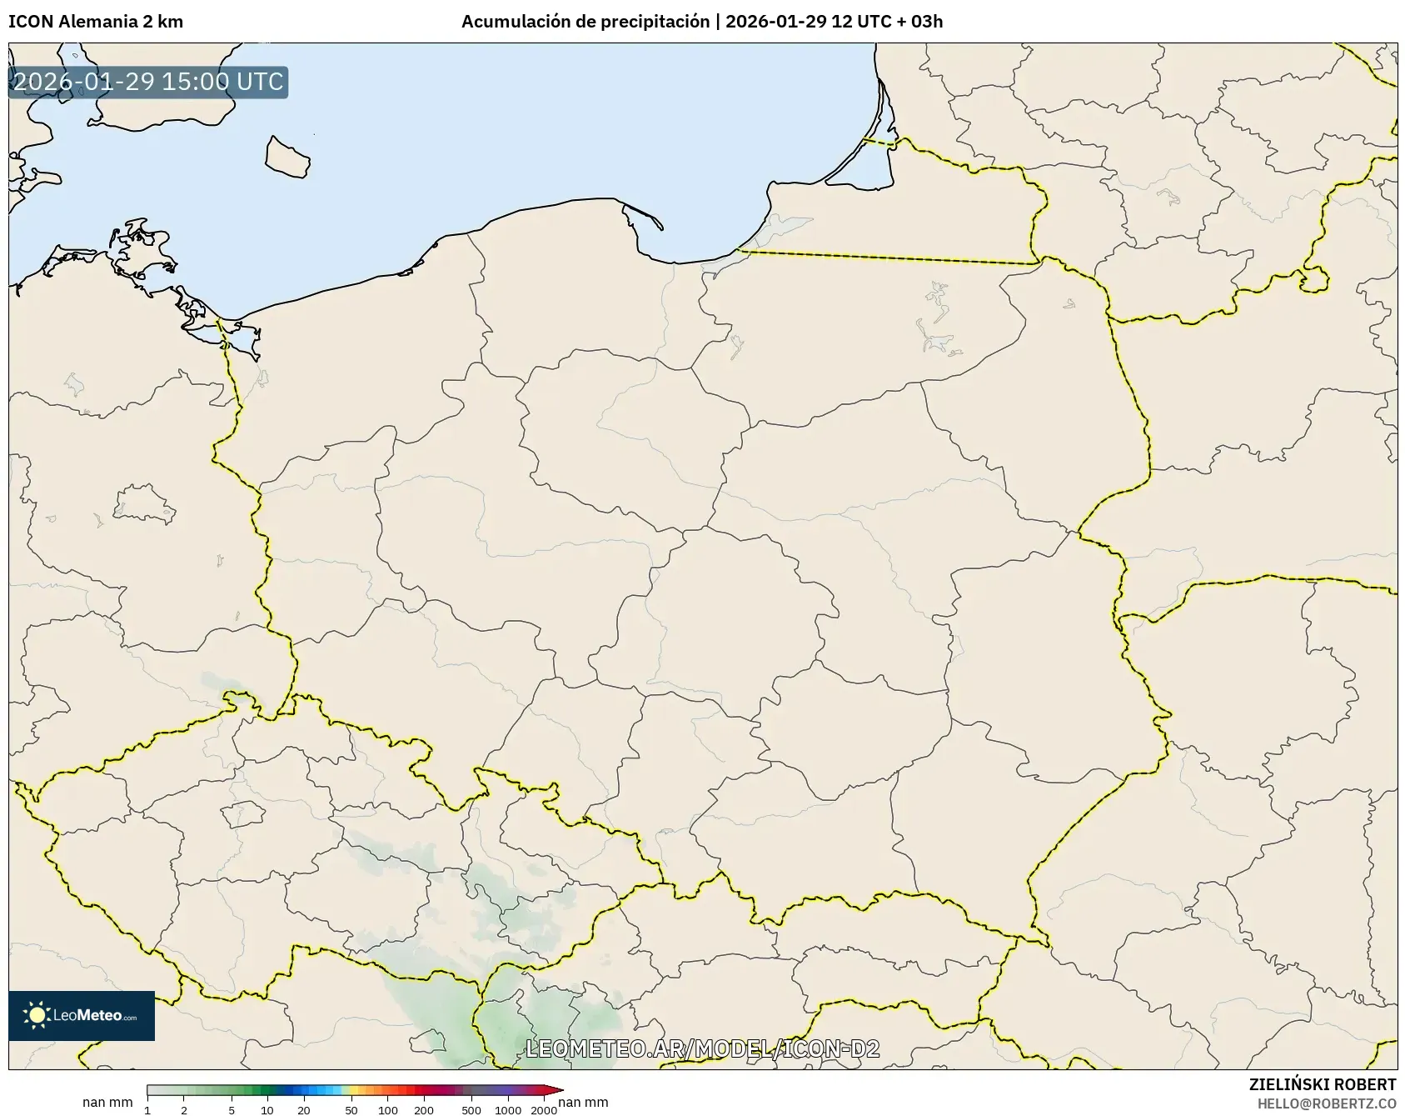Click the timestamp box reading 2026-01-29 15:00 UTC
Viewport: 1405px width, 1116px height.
click(x=148, y=82)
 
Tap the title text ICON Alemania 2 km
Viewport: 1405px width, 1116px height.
click(x=96, y=22)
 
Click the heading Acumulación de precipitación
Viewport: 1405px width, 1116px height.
click(x=585, y=22)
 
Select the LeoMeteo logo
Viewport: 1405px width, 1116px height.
click(x=82, y=1015)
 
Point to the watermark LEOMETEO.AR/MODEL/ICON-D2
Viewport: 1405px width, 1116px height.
click(x=702, y=1048)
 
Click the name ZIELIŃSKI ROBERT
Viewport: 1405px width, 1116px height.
click(x=1322, y=1084)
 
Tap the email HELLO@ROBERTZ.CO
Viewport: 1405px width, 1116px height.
click(x=1326, y=1103)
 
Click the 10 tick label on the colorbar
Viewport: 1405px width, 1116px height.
click(x=267, y=1110)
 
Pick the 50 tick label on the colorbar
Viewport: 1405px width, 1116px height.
click(x=351, y=1110)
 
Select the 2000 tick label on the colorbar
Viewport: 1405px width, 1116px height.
click(x=544, y=1110)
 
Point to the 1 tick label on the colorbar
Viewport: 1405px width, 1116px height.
click(x=147, y=1110)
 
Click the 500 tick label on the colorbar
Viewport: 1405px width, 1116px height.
click(x=471, y=1110)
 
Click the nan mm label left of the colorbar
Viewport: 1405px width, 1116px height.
click(x=107, y=1103)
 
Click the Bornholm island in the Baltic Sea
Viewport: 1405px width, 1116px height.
click(x=287, y=156)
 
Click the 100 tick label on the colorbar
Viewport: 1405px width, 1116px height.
click(x=387, y=1110)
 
